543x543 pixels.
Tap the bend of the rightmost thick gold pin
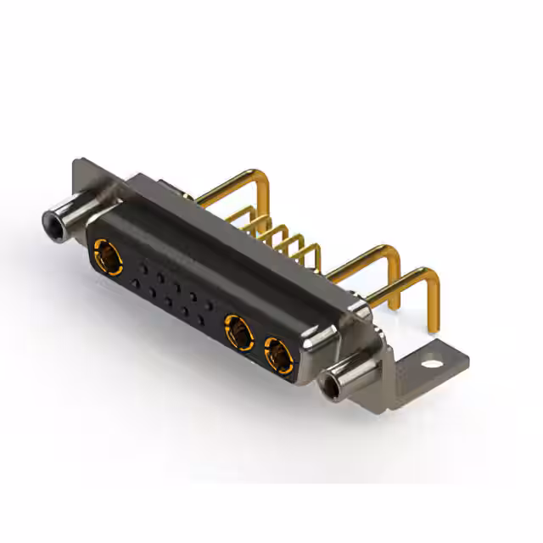[x=432, y=276]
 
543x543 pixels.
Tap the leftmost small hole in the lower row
[x=135, y=285]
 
